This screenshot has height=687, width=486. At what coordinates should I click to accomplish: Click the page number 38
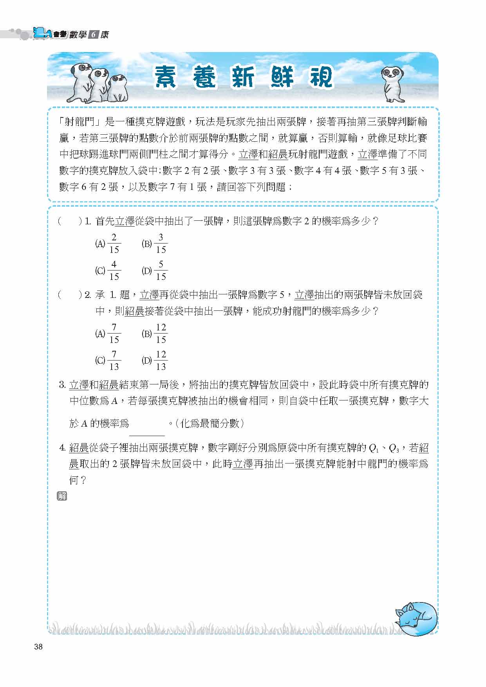[38, 647]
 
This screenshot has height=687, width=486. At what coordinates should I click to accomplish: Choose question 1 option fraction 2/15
[114, 243]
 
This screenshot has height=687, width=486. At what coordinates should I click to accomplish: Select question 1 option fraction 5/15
[161, 270]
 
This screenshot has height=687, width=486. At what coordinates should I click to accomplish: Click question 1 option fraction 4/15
[114, 270]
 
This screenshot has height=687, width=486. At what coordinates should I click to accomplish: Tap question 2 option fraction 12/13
[161, 361]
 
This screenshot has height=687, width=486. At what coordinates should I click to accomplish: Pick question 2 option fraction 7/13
[114, 361]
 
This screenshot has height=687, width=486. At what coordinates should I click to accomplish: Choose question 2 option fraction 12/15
[161, 334]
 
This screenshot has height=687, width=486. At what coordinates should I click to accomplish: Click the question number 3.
[62, 385]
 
